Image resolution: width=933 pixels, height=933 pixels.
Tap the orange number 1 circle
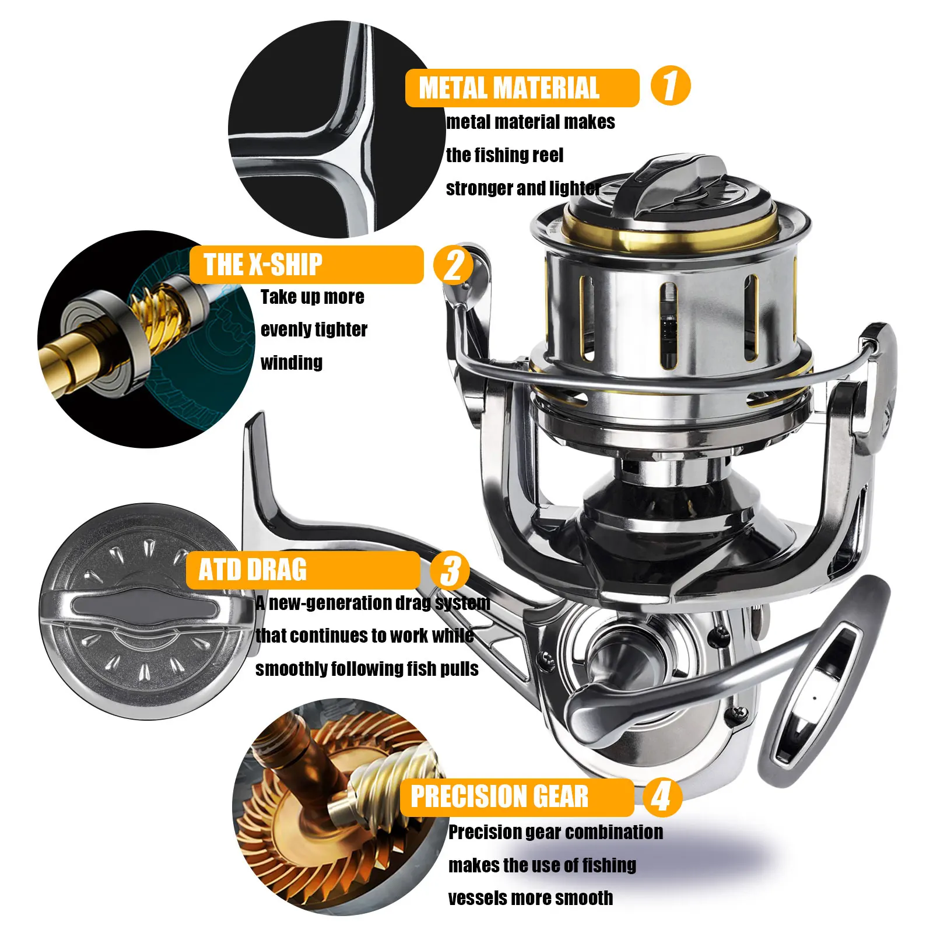click(670, 86)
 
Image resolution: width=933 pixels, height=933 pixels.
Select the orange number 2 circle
click(453, 265)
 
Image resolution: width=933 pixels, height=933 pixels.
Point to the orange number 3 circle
click(450, 570)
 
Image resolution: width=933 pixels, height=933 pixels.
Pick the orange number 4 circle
click(662, 797)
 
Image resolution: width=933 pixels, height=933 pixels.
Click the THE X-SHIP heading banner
click(306, 265)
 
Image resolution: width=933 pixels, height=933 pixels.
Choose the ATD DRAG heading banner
click(303, 570)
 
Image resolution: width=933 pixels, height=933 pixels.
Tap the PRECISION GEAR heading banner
click(516, 797)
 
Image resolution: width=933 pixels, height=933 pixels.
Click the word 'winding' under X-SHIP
click(292, 363)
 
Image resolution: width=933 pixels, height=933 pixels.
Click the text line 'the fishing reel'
click(504, 155)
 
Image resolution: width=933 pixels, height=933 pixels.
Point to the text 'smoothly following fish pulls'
click(367, 668)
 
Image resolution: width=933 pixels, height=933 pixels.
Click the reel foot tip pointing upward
click(255, 432)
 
